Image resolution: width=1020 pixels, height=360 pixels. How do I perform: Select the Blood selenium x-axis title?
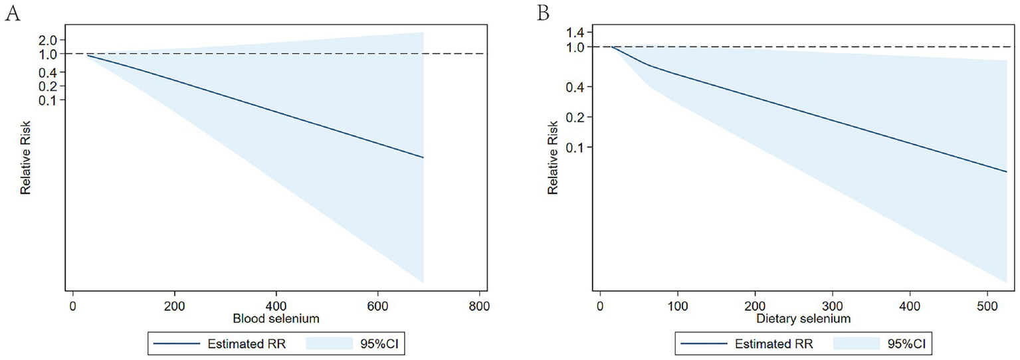click(x=276, y=319)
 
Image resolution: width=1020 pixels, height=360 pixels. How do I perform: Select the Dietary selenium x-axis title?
click(x=803, y=319)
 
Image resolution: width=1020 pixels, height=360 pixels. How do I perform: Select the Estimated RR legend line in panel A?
click(x=176, y=344)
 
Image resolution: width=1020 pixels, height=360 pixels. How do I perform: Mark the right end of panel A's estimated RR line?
click(x=423, y=157)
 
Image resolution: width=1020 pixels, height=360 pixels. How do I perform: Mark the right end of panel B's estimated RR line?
click(x=1007, y=171)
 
